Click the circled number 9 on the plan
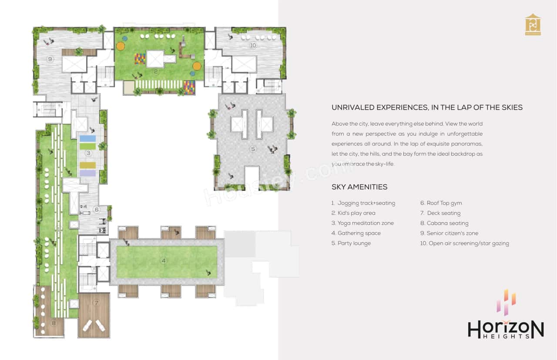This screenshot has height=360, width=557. pos(50,59)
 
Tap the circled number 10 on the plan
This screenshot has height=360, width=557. pos(253,45)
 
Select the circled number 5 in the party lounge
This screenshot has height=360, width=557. pos(253,149)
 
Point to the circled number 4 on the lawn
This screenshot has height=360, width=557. pos(164,261)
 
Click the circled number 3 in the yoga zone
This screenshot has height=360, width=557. pos(88,153)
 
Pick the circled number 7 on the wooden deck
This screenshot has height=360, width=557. pos(96,303)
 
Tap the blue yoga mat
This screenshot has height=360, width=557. pos(87,138)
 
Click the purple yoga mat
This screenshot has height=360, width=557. pos(87,173)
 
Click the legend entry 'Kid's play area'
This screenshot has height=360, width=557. pos(356,213)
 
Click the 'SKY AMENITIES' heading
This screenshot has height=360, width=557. pos(359,187)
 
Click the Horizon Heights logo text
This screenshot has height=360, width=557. pos(506,329)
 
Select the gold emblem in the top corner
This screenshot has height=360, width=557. pos(533,25)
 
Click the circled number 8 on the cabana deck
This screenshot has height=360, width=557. pos(54,323)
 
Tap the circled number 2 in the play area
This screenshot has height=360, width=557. pos(156,71)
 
